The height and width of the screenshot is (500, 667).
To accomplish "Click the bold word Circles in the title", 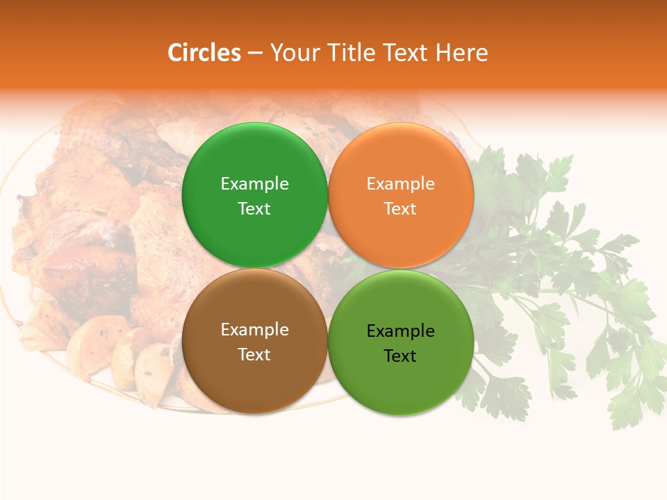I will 204,53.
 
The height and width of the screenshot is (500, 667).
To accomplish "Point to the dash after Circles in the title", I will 255,53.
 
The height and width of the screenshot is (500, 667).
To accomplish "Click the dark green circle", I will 254,195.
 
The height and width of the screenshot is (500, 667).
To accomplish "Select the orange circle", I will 401,195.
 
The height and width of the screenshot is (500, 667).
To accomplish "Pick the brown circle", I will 254,342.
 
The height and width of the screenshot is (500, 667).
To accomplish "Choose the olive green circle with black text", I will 401,342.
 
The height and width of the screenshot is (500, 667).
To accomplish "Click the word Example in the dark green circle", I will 254,183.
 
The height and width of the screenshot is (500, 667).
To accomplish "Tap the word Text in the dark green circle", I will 254,208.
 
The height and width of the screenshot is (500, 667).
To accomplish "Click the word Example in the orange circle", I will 400,183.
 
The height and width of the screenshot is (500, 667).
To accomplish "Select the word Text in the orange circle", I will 400,208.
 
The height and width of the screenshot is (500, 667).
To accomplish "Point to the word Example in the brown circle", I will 254,329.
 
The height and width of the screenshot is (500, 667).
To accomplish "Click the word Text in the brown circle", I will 254,354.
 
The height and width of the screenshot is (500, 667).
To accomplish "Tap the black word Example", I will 400,331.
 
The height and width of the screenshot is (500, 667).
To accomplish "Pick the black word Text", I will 400,356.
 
